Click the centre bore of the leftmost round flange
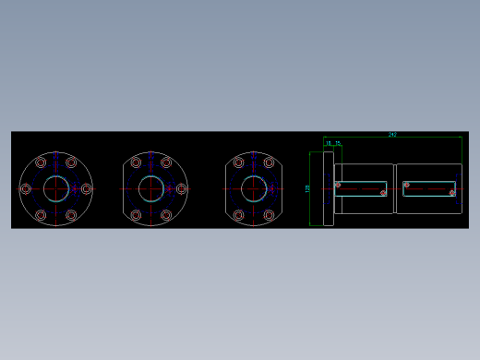[x=55, y=188]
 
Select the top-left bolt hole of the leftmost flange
[x=41, y=162]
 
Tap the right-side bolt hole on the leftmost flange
[x=86, y=188]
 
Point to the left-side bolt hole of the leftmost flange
[x=26, y=188]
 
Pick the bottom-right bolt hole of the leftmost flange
[x=71, y=215]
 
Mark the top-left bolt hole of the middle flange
[x=136, y=162]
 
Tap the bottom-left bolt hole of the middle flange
[x=136, y=215]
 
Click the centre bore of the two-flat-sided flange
[x=254, y=189]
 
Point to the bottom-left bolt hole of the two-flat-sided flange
[x=238, y=215]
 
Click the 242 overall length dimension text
[x=392, y=135]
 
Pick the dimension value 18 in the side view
[x=329, y=143]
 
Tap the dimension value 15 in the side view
[x=338, y=143]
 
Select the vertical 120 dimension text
[x=307, y=188]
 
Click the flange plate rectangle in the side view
[x=321, y=188]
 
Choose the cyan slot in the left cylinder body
[x=362, y=188]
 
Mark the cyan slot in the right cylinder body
[x=430, y=188]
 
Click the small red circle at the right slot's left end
[x=406, y=184]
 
